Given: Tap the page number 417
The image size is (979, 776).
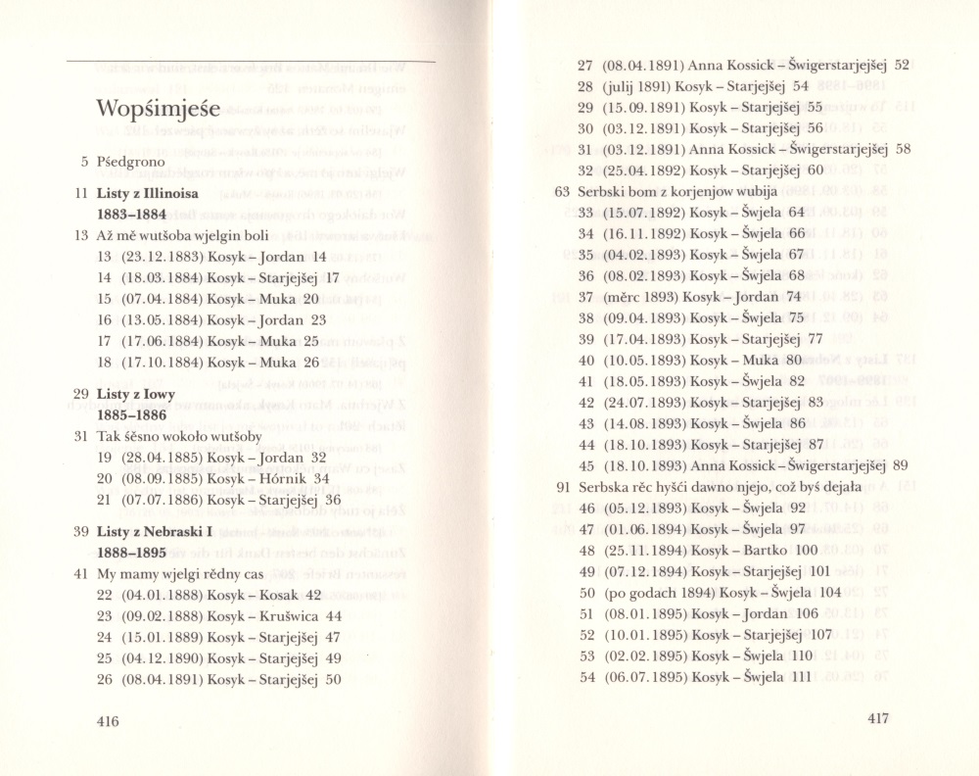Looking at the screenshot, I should [x=878, y=718].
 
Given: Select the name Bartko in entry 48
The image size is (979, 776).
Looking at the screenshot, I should [x=765, y=550].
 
